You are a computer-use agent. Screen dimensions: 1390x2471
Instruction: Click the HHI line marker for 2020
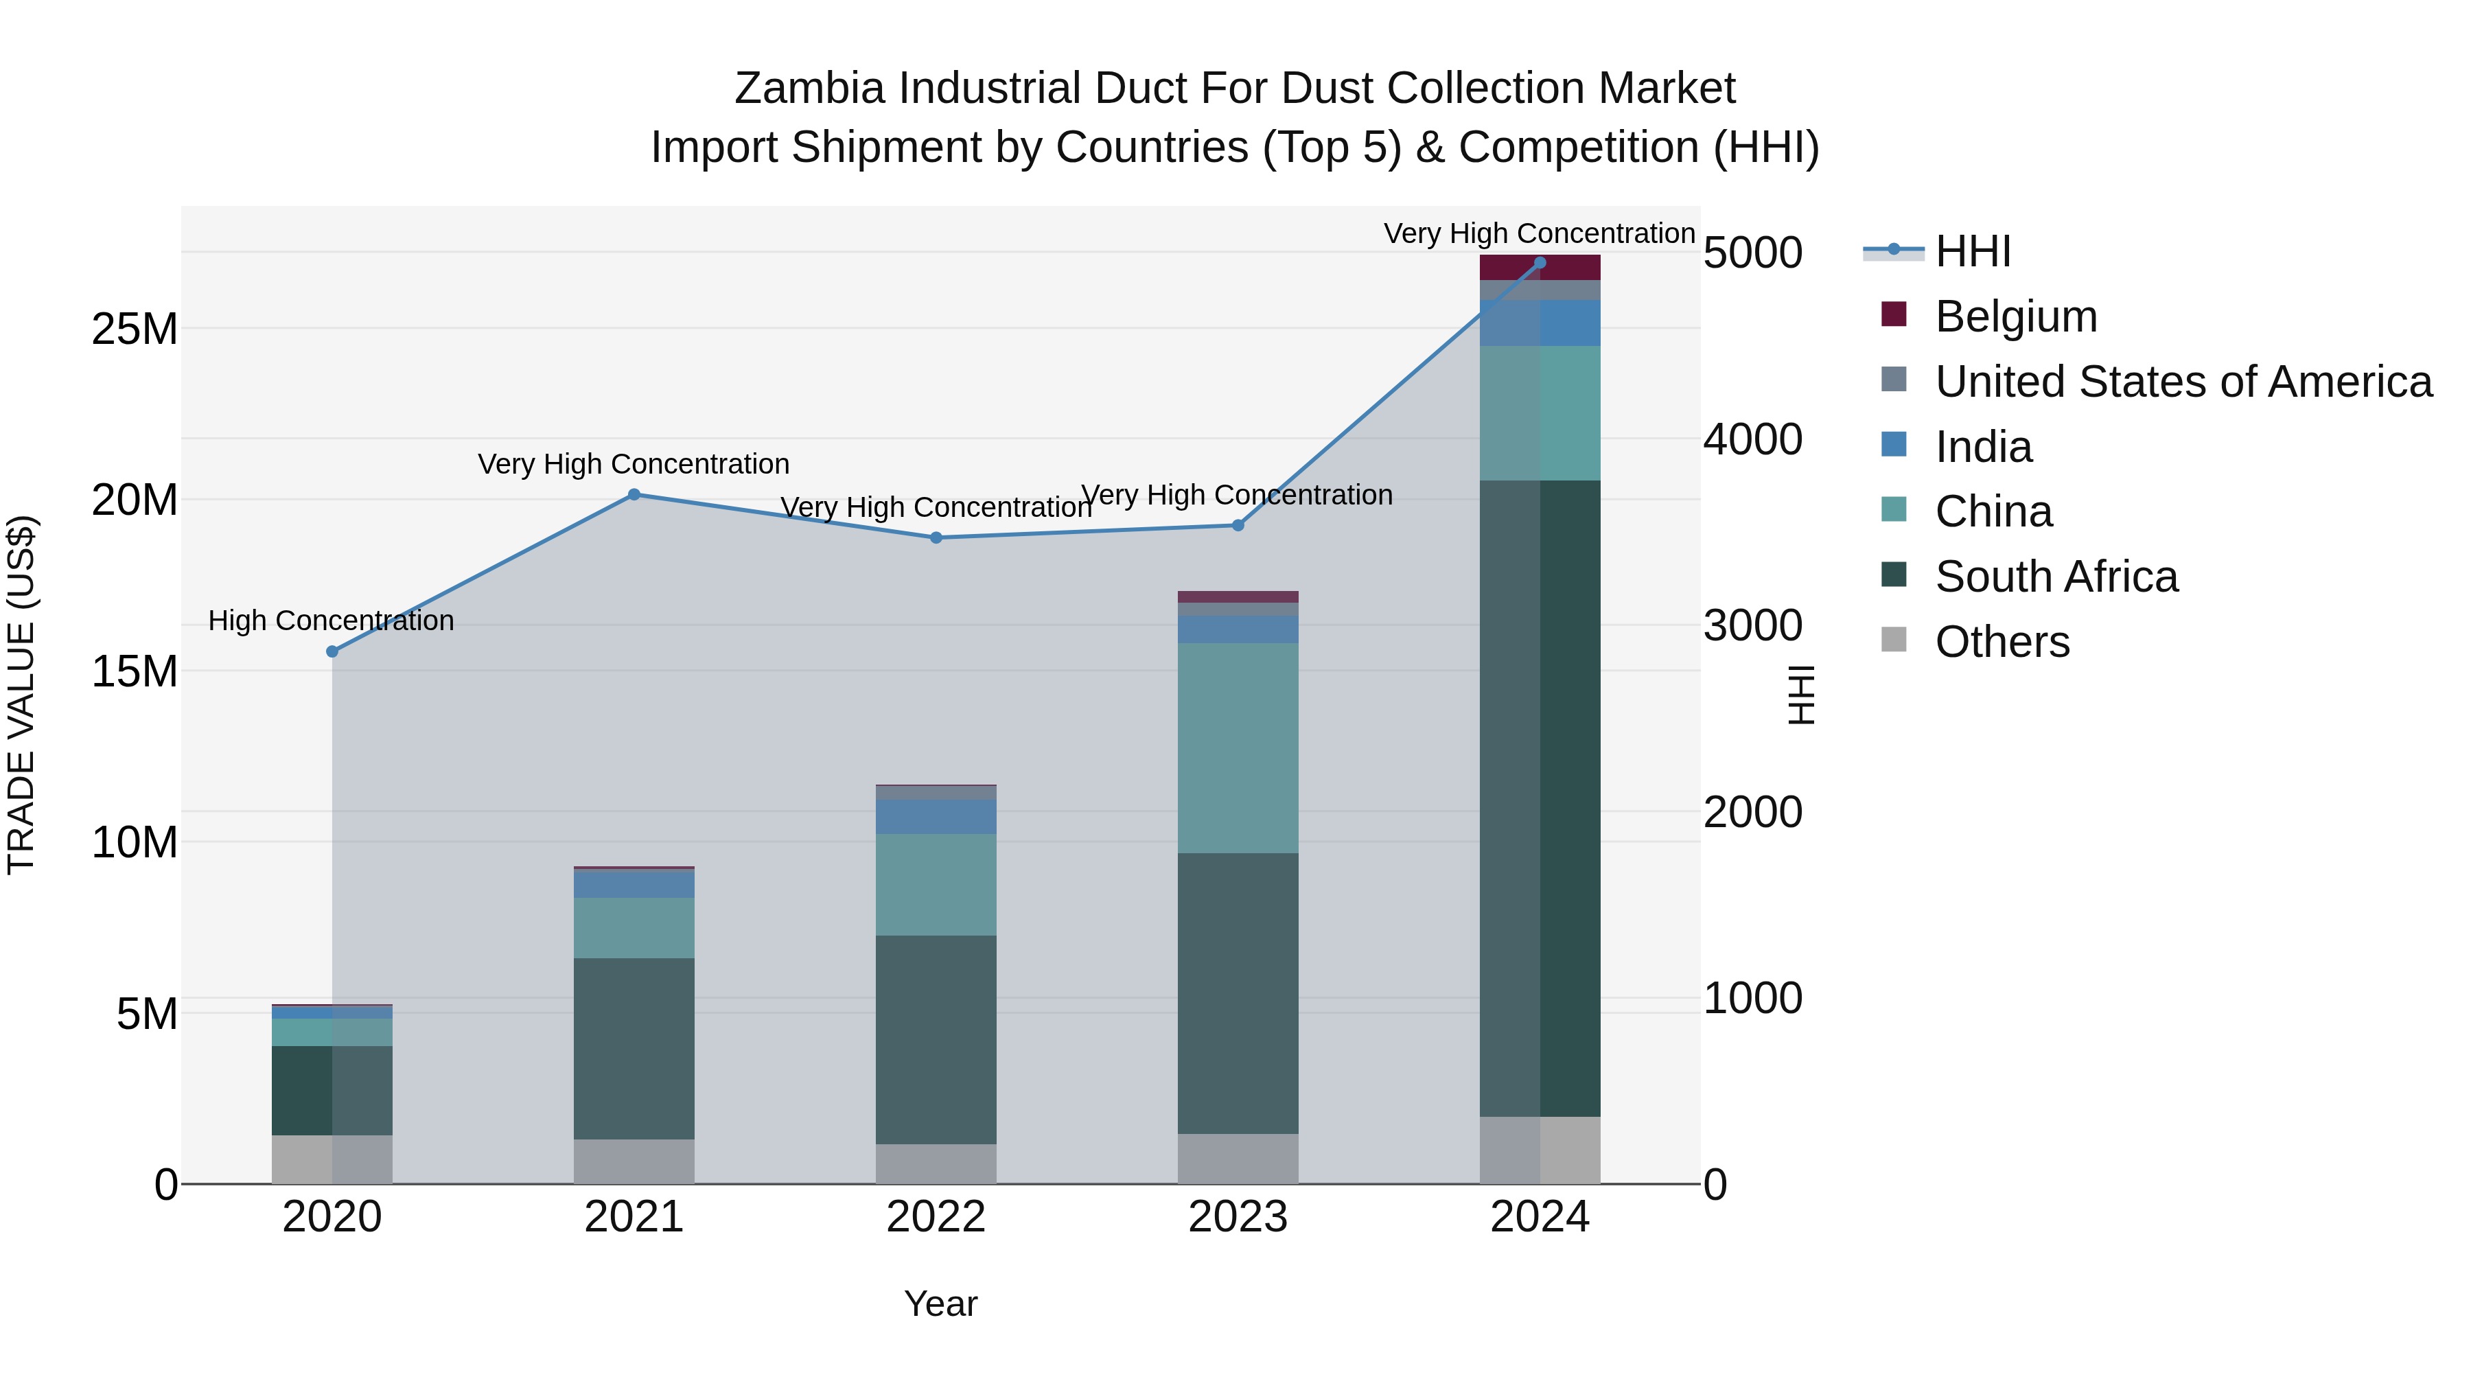(332, 651)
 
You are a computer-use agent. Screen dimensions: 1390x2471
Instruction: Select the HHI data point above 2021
(634, 495)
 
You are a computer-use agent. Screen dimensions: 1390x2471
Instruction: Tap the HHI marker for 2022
(936, 538)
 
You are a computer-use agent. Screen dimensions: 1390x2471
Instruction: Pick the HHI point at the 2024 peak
(1540, 263)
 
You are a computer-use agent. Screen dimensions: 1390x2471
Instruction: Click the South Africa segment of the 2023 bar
(1238, 993)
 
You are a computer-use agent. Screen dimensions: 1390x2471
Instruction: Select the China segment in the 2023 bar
(1238, 748)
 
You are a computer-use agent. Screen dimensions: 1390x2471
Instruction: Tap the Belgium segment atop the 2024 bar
(1540, 268)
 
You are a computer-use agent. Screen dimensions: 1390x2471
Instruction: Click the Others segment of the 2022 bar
(936, 1163)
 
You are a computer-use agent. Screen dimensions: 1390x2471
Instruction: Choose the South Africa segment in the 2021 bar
(634, 1048)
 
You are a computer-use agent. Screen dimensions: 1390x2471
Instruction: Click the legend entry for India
(1983, 447)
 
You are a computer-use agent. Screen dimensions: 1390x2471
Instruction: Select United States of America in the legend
(2182, 382)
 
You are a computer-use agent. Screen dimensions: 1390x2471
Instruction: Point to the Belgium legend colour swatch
(1894, 314)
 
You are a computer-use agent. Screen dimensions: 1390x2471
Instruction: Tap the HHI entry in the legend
(1971, 251)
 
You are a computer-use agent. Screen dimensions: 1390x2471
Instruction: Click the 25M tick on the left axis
(135, 329)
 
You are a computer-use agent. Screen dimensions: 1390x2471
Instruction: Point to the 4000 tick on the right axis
(1752, 439)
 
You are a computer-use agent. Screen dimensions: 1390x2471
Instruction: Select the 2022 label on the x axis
(936, 1217)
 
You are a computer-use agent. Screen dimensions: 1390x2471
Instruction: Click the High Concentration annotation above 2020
(331, 621)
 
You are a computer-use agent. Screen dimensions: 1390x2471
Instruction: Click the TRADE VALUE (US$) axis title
(21, 695)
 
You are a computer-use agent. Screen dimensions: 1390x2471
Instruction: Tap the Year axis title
(940, 1304)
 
